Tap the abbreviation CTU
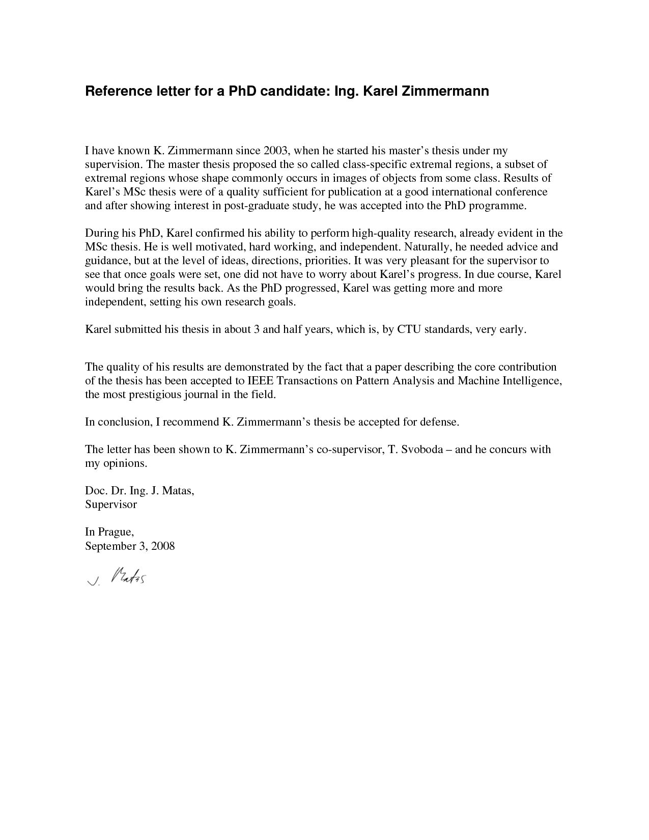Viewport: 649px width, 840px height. point(409,329)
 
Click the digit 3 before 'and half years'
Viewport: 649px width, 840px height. point(256,329)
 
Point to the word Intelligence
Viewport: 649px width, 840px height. point(531,381)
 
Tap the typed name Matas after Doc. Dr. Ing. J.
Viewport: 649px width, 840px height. point(177,491)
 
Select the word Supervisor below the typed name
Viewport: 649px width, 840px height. point(111,505)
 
